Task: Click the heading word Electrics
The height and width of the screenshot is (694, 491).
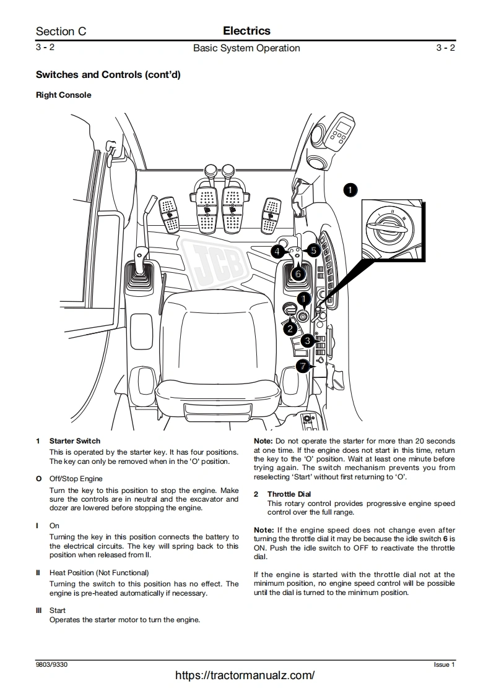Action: coord(246,30)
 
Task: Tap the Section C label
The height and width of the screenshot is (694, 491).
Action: coord(61,31)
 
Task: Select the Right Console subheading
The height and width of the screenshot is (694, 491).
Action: coord(63,95)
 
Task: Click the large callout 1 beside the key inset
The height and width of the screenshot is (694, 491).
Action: coord(350,190)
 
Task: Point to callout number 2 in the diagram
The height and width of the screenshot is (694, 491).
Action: coord(290,328)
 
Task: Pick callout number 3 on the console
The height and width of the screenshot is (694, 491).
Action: coord(307,341)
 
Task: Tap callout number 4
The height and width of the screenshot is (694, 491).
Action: coord(278,251)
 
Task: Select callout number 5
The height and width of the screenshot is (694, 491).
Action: coord(313,251)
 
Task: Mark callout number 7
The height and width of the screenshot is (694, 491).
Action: coord(302,366)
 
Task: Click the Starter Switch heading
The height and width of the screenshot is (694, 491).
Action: coord(74,441)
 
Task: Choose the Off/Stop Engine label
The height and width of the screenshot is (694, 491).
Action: coord(76,479)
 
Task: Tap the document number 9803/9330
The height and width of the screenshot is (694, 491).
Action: coord(51,664)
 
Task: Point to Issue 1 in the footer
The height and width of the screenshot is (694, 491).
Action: coord(444,664)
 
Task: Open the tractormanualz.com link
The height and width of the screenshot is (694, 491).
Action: coord(245,675)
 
